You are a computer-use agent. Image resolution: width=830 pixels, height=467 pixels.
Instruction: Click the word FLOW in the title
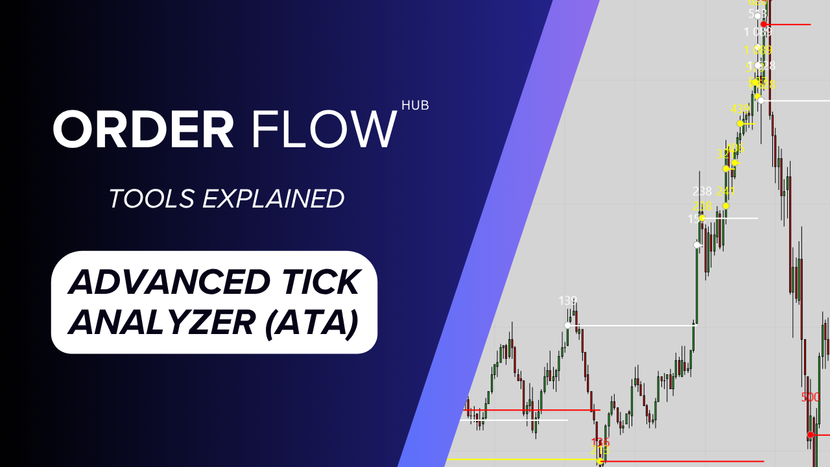323,130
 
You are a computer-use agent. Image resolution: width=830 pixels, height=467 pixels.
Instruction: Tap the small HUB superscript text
415,105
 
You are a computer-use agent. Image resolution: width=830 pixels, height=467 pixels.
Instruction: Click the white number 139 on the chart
568,301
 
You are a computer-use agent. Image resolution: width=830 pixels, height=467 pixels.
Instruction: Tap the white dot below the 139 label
568,325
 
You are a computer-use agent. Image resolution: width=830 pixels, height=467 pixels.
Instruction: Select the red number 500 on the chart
811,398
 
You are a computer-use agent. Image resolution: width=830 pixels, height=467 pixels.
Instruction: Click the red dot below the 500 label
810,435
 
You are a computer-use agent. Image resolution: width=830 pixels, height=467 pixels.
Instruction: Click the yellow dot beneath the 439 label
741,123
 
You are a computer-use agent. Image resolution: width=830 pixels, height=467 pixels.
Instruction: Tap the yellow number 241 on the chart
726,191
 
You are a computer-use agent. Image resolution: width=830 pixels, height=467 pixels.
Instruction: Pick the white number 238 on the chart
702,191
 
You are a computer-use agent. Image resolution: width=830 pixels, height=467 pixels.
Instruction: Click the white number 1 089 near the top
757,32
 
